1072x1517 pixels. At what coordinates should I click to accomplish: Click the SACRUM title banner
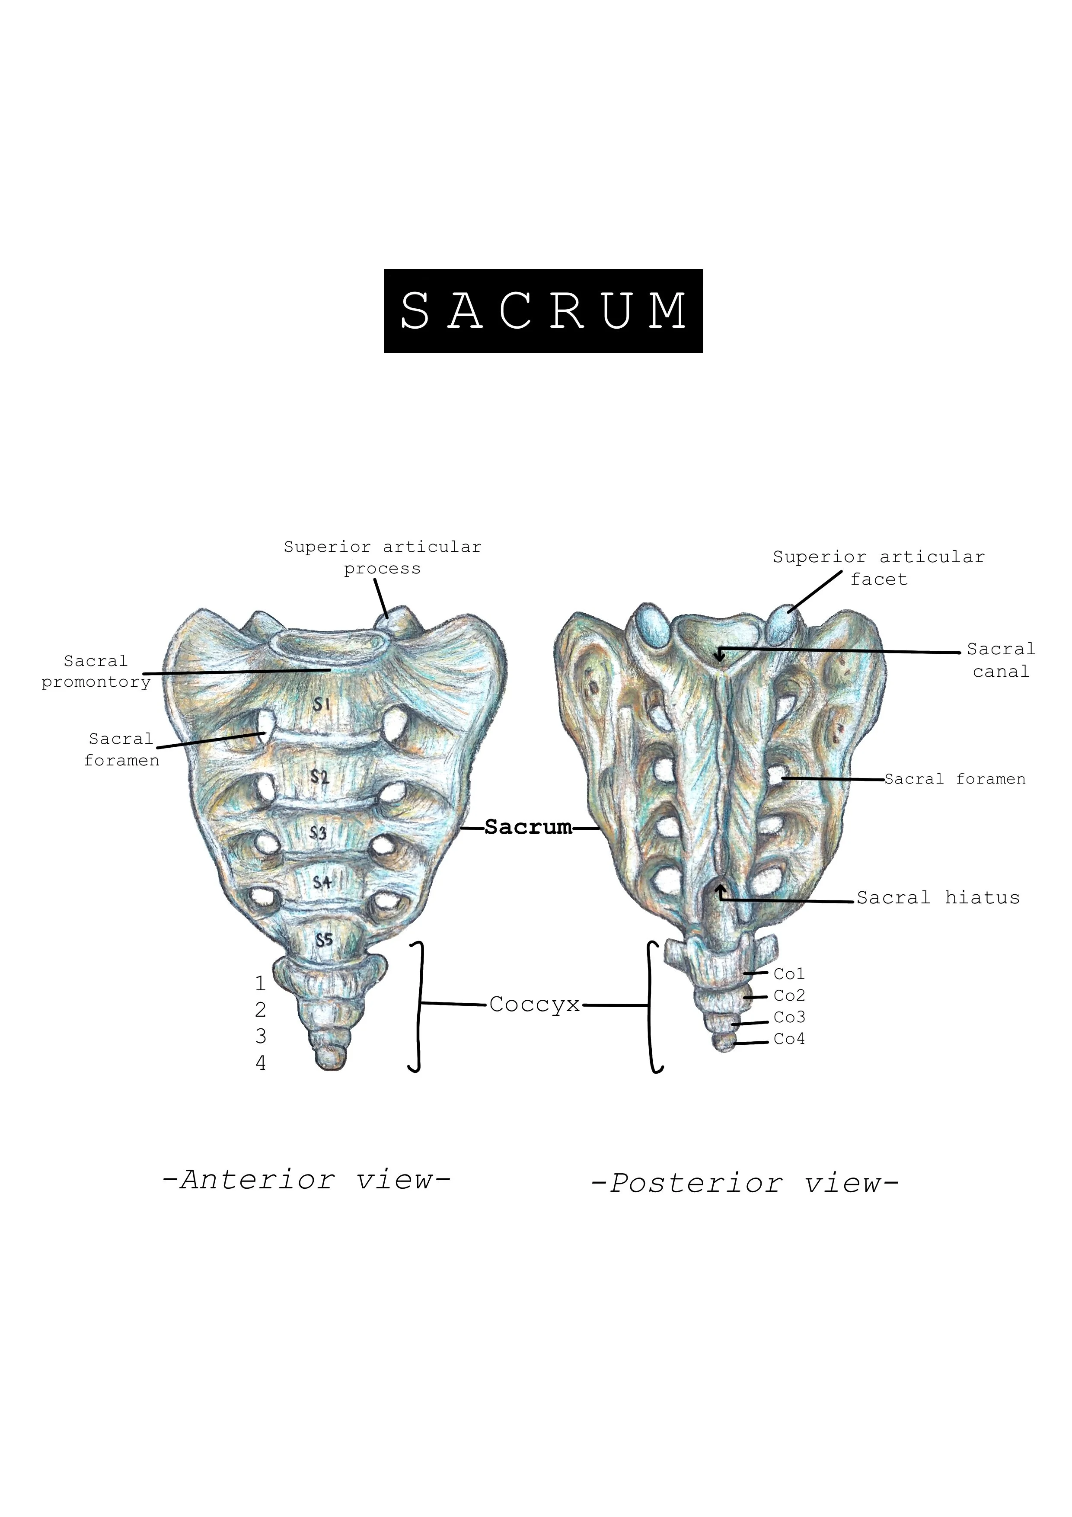point(542,310)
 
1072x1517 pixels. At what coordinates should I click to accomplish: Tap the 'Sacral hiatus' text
point(938,897)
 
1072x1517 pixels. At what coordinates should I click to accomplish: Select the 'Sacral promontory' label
point(96,671)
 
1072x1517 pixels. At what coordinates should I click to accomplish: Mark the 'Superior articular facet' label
point(878,567)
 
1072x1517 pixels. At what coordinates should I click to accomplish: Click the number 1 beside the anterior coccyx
point(260,984)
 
